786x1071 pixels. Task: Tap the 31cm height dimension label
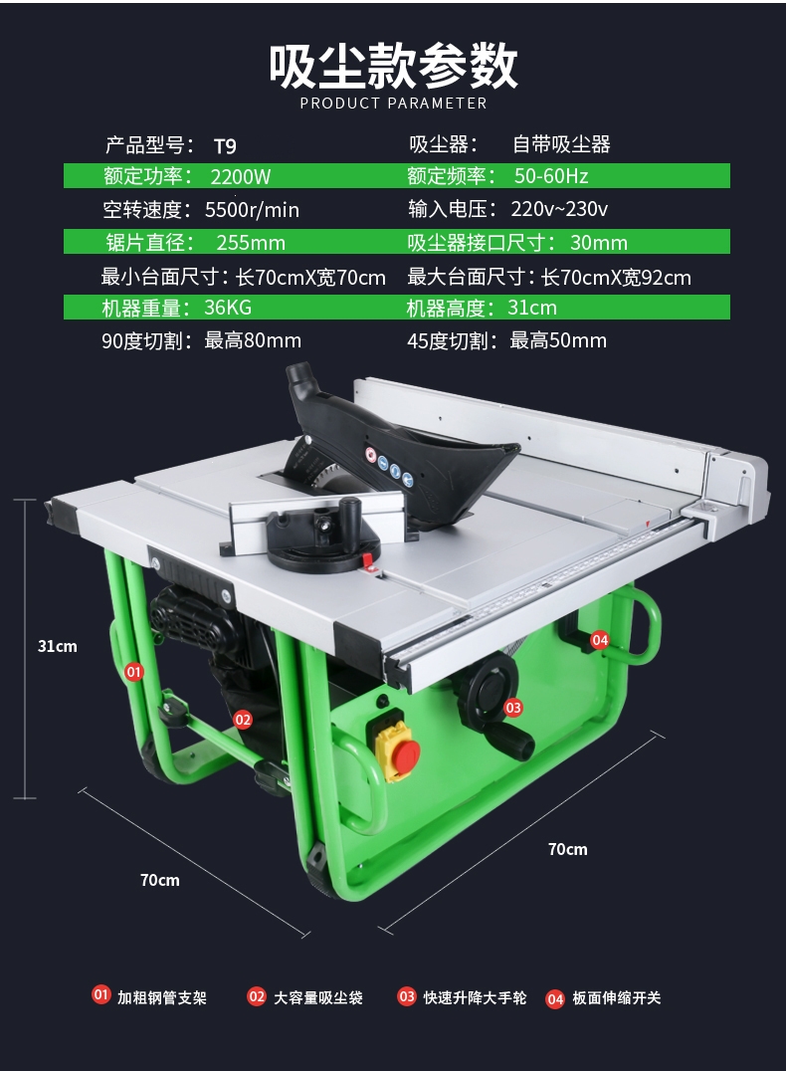pyautogui.click(x=58, y=646)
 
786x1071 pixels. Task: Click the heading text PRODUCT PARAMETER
pyautogui.click(x=393, y=104)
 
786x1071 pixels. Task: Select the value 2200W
pyautogui.click(x=241, y=177)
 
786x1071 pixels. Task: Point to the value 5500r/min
pyautogui.click(x=252, y=210)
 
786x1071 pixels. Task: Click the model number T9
pyautogui.click(x=225, y=145)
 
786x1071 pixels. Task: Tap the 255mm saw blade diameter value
pyautogui.click(x=251, y=243)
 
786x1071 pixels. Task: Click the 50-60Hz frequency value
pyautogui.click(x=551, y=177)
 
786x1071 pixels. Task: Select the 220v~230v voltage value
pyautogui.click(x=559, y=210)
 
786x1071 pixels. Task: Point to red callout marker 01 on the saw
pyautogui.click(x=134, y=672)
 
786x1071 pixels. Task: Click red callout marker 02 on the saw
pyautogui.click(x=243, y=719)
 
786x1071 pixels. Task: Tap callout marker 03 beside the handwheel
pyautogui.click(x=513, y=708)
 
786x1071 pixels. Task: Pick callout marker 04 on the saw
pyautogui.click(x=600, y=640)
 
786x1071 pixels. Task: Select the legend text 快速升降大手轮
pyautogui.click(x=475, y=997)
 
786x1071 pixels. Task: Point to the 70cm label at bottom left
pyautogui.click(x=160, y=880)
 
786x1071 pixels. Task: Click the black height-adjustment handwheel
pyautogui.click(x=494, y=687)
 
